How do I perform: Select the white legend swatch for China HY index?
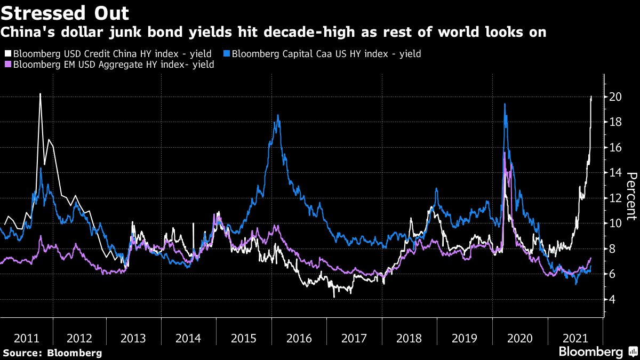pyautogui.click(x=7, y=54)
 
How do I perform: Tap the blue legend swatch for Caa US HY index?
pyautogui.click(x=227, y=54)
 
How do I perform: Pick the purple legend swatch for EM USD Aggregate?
pyautogui.click(x=7, y=65)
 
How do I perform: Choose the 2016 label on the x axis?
pyautogui.click(x=299, y=338)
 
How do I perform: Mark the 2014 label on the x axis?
pyautogui.click(x=188, y=338)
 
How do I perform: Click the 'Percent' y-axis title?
pyautogui.click(x=631, y=196)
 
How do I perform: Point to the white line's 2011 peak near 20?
pyautogui.click(x=41, y=94)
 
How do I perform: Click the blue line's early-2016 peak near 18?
pyautogui.click(x=278, y=115)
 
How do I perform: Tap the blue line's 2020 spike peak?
pyautogui.click(x=505, y=104)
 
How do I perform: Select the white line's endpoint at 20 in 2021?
pyautogui.click(x=591, y=97)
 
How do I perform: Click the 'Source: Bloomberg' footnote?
pyautogui.click(x=52, y=353)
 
